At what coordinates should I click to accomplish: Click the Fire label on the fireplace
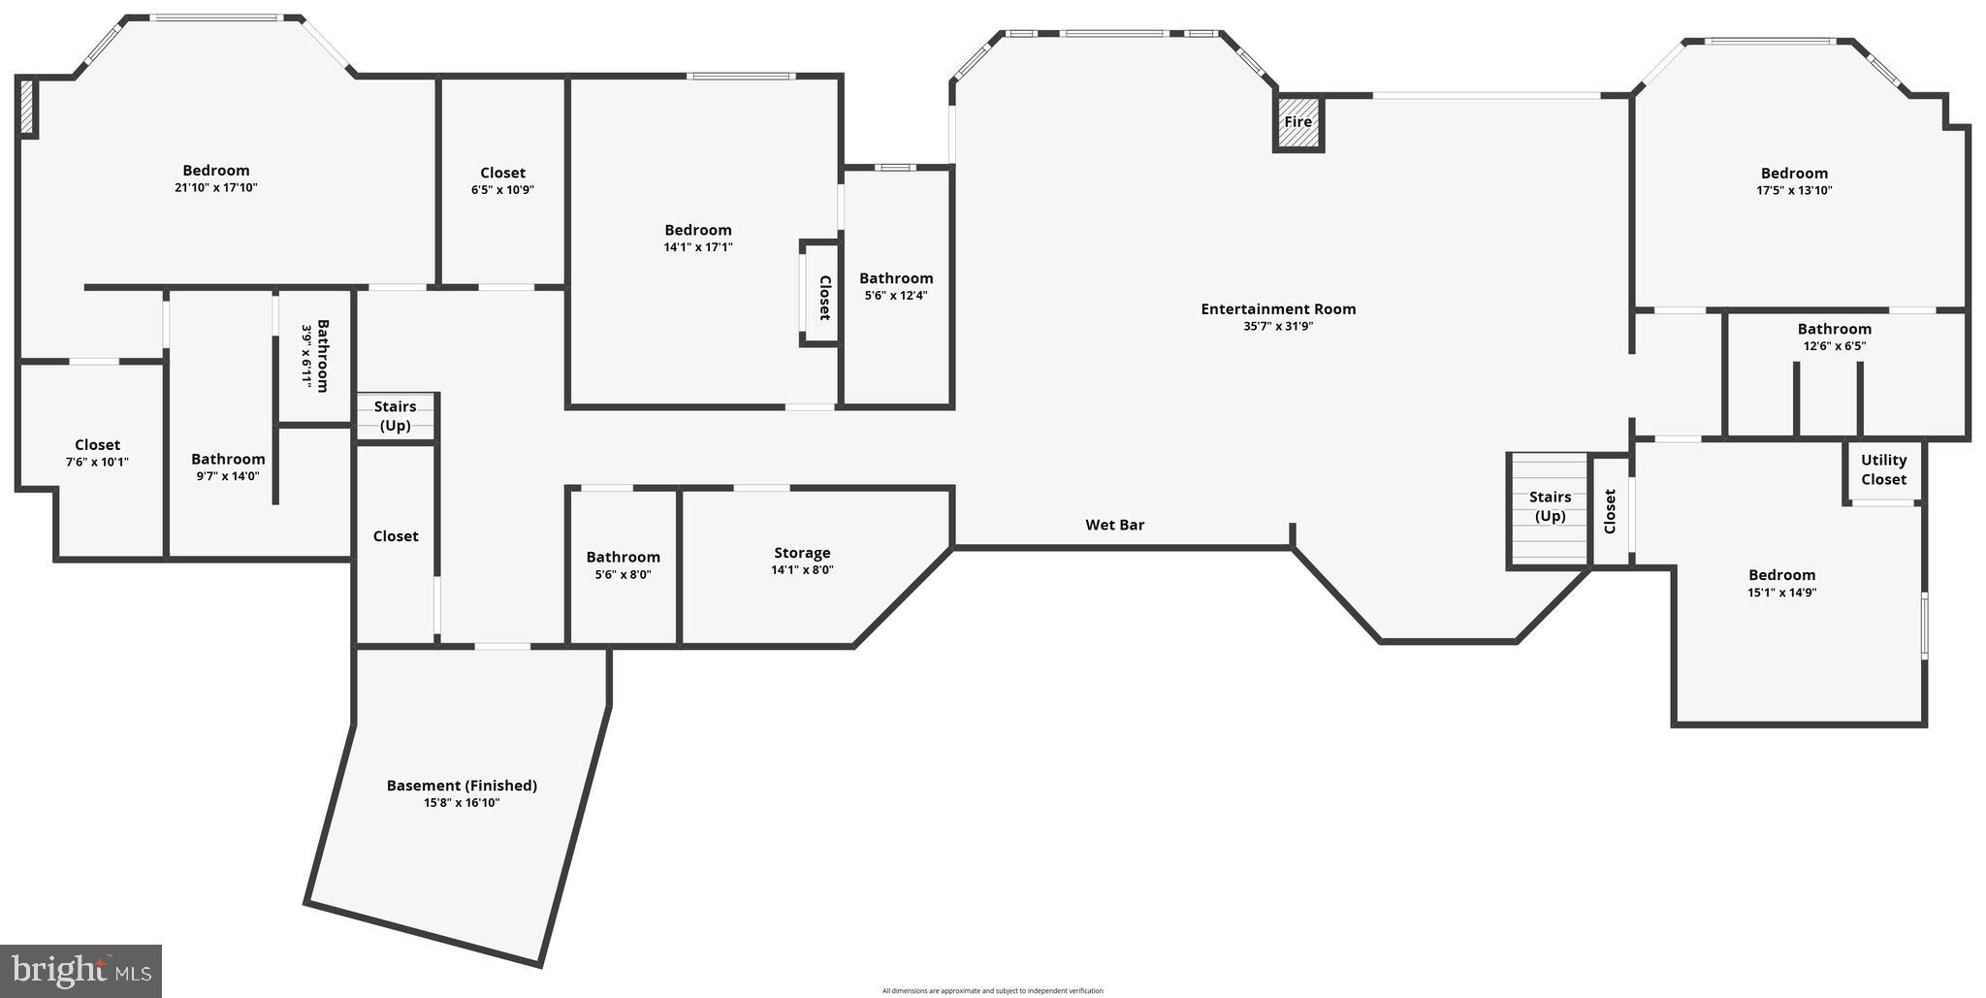pyautogui.click(x=1297, y=122)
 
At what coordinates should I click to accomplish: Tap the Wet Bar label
pyautogui.click(x=1114, y=525)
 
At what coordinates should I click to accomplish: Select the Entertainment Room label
pyautogui.click(x=1278, y=309)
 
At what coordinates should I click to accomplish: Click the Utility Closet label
pyautogui.click(x=1883, y=469)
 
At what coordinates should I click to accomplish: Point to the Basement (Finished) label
pyautogui.click(x=462, y=786)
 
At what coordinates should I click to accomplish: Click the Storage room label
pyautogui.click(x=802, y=553)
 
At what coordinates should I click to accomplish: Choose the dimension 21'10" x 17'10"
pyautogui.click(x=216, y=188)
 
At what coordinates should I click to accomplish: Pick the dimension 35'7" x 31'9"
pyautogui.click(x=1278, y=327)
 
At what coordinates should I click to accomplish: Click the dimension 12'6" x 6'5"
pyautogui.click(x=1834, y=346)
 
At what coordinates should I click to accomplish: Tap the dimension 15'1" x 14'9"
pyautogui.click(x=1781, y=593)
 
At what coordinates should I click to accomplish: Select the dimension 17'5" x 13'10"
pyautogui.click(x=1794, y=191)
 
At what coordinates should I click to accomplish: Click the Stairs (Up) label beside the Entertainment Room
pyautogui.click(x=1550, y=506)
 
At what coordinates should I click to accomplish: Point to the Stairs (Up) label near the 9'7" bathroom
pyautogui.click(x=395, y=416)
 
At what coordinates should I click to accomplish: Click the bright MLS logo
pyautogui.click(x=80, y=969)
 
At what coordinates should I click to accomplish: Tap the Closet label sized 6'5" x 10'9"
pyautogui.click(x=502, y=173)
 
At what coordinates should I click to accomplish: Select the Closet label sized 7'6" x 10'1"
pyautogui.click(x=97, y=445)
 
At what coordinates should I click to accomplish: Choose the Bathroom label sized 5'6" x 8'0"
pyautogui.click(x=623, y=557)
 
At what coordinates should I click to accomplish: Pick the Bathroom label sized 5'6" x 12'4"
pyautogui.click(x=896, y=278)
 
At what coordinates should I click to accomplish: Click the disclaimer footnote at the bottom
pyautogui.click(x=992, y=990)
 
